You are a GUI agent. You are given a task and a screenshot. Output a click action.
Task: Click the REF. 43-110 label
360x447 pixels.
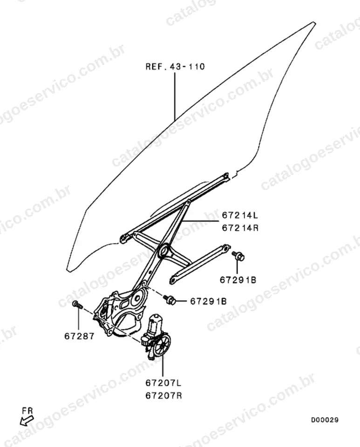click(175, 67)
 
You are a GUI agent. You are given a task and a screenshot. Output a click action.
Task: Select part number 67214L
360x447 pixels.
click(240, 215)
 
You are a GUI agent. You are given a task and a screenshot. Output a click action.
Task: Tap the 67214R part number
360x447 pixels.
click(240, 228)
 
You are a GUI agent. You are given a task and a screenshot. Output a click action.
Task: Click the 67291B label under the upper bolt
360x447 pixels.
click(238, 280)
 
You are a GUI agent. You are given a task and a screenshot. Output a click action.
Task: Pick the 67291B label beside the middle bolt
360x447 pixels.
click(208, 301)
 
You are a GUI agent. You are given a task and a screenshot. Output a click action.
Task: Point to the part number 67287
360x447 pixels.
click(79, 336)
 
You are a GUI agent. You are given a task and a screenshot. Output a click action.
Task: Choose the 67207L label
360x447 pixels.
click(163, 383)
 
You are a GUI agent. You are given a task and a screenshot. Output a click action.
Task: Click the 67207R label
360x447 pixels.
click(163, 396)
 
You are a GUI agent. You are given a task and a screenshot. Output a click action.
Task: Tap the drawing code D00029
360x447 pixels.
click(325, 420)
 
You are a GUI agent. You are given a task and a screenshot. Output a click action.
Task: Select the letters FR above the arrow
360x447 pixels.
click(27, 411)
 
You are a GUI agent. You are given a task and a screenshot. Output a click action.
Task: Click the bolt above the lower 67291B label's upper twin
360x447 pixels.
click(238, 256)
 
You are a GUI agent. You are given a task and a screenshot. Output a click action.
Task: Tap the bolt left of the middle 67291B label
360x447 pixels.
click(170, 299)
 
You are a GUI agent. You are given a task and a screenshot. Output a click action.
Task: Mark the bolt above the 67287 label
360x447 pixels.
click(77, 305)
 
